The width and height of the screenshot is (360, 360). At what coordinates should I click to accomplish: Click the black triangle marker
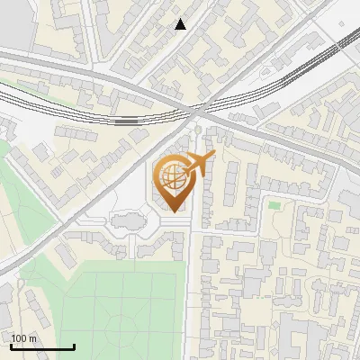180,24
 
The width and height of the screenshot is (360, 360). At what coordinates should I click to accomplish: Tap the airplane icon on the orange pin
199,163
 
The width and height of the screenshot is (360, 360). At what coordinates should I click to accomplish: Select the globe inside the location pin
172,175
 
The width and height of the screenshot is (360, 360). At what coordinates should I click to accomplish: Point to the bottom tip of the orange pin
174,211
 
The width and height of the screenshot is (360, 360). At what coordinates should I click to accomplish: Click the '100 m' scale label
23,338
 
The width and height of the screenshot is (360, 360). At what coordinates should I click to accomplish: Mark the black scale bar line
42,346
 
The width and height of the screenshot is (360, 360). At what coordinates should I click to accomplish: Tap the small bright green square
274,205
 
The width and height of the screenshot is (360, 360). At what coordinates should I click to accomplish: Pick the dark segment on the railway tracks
127,119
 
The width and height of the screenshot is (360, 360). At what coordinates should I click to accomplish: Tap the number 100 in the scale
19,338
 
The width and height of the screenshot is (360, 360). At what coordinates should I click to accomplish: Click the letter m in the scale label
32,339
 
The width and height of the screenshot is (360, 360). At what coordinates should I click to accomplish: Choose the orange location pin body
174,184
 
